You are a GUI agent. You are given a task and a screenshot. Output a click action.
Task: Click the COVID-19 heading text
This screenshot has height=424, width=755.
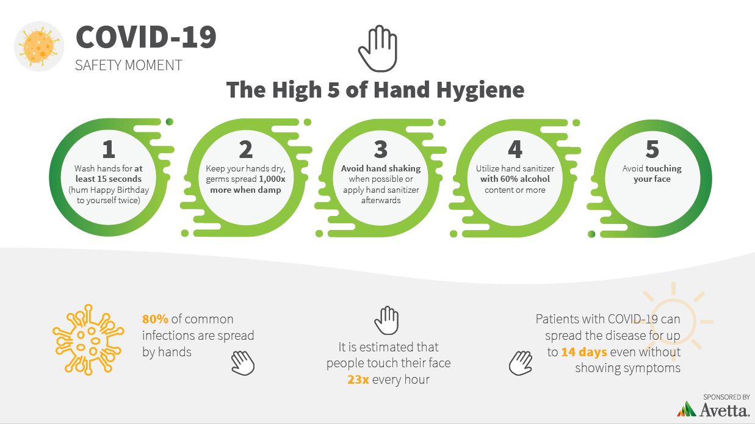(x=146, y=37)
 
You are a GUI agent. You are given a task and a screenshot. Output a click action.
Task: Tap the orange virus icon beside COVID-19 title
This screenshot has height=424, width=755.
(x=39, y=46)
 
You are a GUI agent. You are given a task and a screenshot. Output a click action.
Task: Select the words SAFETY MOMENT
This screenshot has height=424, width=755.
(x=128, y=65)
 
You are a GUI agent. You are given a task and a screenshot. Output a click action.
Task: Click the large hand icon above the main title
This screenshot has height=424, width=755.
(x=378, y=48)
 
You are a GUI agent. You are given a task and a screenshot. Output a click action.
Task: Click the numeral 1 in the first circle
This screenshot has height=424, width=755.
(x=109, y=149)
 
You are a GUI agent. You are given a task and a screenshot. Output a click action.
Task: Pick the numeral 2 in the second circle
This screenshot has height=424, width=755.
(x=246, y=149)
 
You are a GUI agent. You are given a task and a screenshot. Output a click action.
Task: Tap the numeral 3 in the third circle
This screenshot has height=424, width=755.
(x=381, y=149)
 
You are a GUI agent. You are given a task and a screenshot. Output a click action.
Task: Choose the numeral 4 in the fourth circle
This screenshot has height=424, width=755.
(x=515, y=149)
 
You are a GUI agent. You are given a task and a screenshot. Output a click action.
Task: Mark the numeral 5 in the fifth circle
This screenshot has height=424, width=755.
(x=652, y=149)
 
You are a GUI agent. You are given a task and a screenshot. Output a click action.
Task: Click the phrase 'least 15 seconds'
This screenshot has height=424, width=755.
(x=109, y=179)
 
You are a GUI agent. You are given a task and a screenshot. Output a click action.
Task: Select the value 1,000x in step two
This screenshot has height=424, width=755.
(x=272, y=179)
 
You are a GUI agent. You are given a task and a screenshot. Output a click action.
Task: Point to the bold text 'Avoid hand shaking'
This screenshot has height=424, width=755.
(x=381, y=168)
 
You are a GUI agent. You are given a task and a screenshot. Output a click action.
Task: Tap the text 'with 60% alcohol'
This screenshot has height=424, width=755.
(x=515, y=179)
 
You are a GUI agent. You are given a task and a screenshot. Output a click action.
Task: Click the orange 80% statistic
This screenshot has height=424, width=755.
(x=155, y=319)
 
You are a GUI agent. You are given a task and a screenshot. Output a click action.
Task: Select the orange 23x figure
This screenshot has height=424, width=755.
(x=358, y=379)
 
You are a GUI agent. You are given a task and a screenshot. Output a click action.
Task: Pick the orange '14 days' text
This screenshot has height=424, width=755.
(x=584, y=352)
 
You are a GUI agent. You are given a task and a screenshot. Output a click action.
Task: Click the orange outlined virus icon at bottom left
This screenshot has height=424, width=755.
(x=89, y=339)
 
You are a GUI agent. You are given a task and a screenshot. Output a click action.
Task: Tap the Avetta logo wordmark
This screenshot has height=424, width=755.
(x=724, y=410)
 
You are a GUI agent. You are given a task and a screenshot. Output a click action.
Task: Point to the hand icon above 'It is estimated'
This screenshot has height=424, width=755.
(x=386, y=320)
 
